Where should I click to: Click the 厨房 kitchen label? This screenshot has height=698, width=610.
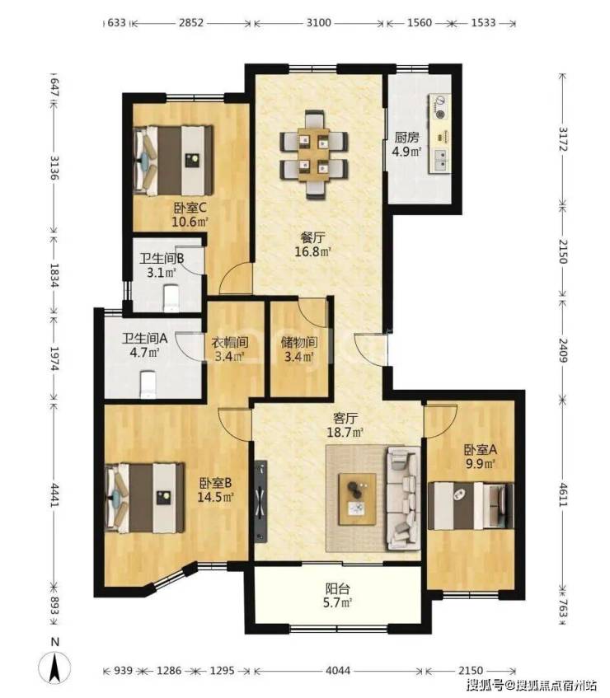(406, 138)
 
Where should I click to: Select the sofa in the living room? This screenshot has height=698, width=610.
(403, 498)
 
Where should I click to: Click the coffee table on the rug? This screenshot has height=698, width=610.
(357, 499)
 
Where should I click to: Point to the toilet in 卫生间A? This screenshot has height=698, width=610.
(148, 385)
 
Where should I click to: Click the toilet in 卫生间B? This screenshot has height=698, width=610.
(171, 298)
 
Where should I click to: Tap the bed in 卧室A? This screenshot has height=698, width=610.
(471, 506)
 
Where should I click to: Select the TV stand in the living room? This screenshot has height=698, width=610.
(261, 501)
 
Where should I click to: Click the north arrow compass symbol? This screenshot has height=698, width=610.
(54, 667)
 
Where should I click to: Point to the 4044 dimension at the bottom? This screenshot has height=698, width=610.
(338, 671)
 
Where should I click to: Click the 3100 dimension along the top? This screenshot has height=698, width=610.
(318, 22)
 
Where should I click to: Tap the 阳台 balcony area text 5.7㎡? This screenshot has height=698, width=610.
(338, 603)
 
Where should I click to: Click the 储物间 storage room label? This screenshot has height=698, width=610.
(298, 342)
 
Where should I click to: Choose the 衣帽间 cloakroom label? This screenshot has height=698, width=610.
(229, 342)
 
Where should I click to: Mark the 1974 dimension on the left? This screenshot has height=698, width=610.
(54, 358)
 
